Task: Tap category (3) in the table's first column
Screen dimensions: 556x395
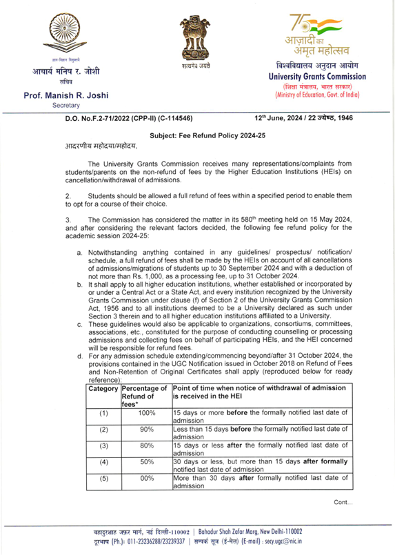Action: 103,451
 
